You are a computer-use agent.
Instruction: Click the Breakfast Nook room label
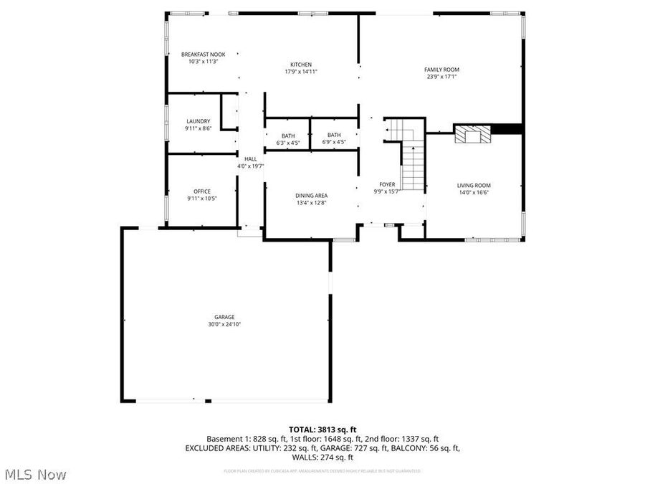[202, 54]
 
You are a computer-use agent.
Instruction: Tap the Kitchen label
[300, 65]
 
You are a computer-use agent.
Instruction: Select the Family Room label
[441, 70]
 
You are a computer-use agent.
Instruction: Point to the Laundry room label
[198, 121]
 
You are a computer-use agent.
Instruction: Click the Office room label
[201, 191]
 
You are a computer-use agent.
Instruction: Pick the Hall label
[250, 159]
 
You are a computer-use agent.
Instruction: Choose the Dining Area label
[311, 196]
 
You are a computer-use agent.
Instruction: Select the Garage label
[224, 317]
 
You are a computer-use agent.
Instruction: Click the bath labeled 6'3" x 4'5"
[287, 136]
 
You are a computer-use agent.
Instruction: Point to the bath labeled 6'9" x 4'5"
[334, 135]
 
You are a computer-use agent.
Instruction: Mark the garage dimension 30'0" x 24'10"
[224, 324]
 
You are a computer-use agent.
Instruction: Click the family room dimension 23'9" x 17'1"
[442, 77]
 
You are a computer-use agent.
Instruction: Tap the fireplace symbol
[472, 134]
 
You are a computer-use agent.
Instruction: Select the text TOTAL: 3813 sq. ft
[322, 428]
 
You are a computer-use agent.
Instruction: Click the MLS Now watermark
[35, 474]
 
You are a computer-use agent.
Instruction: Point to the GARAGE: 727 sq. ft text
[358, 448]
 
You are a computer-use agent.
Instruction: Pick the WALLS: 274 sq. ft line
[322, 457]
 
